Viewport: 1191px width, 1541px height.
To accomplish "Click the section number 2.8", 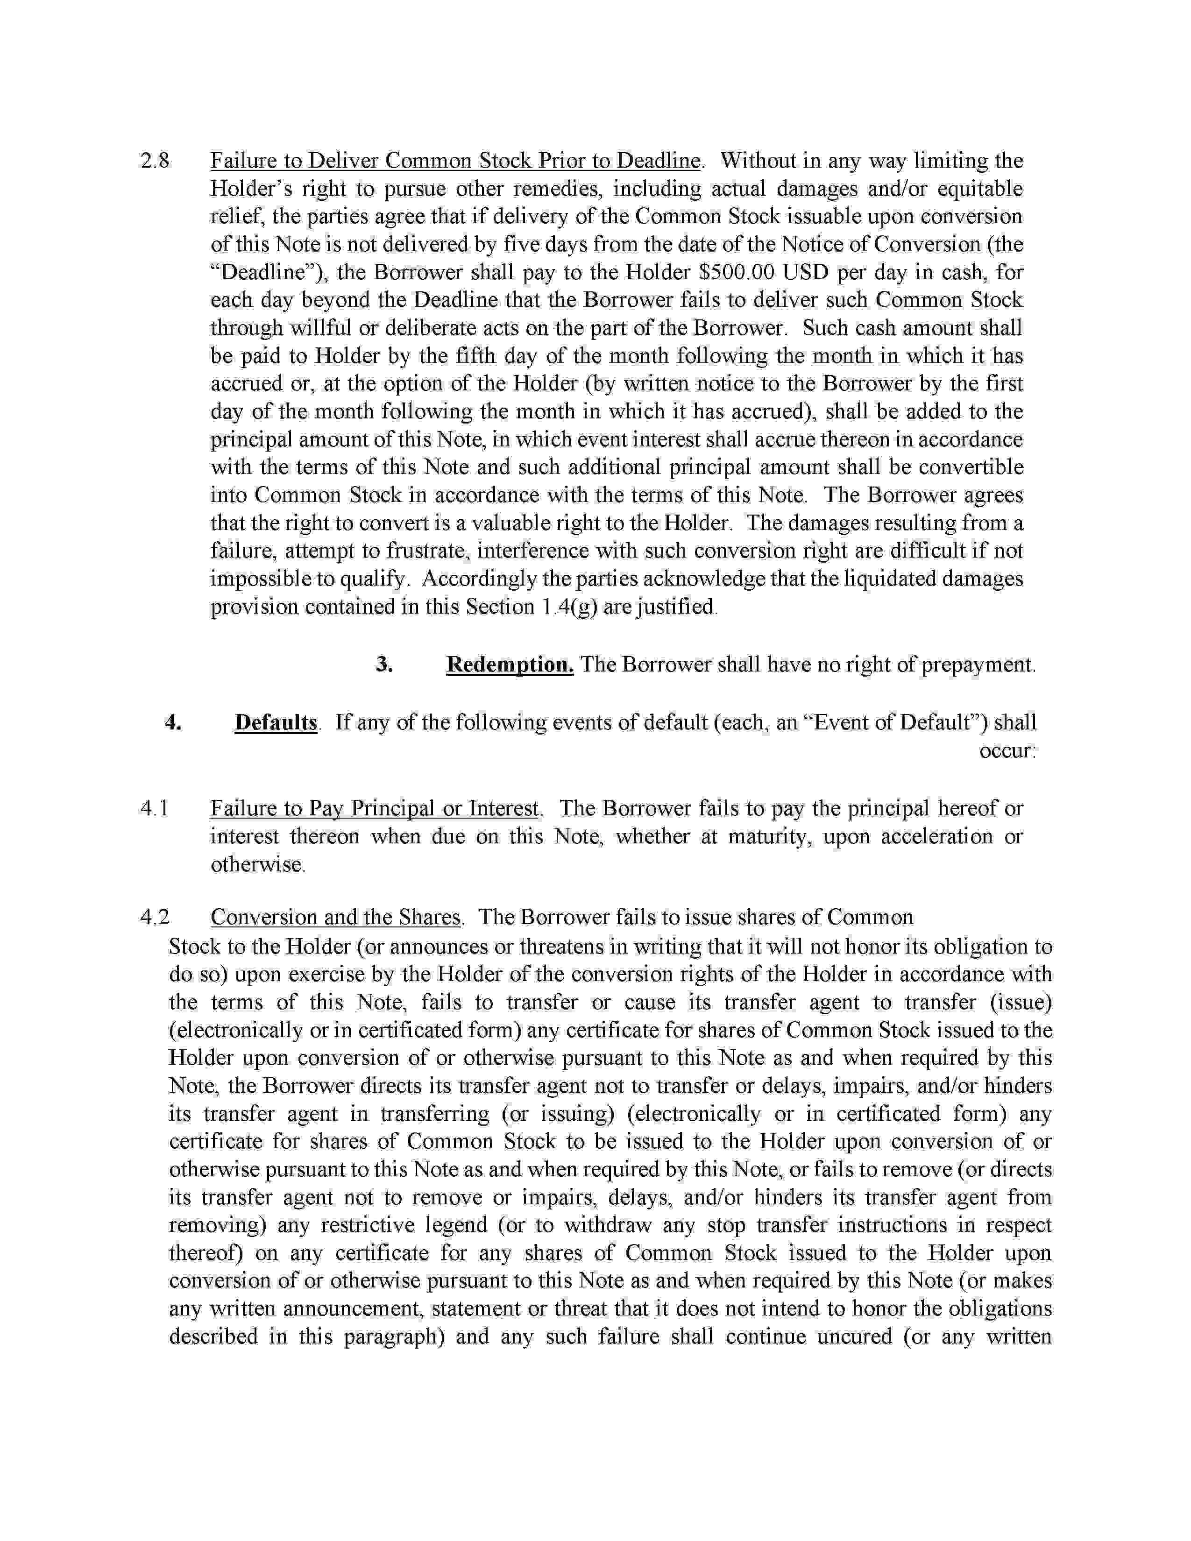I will (x=155, y=161).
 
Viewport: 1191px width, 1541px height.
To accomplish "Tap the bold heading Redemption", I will (x=510, y=664).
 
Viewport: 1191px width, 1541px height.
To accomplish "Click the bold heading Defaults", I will (x=276, y=722).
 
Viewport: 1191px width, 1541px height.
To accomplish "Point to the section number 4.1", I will (x=155, y=809).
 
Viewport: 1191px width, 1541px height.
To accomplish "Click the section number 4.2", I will (x=155, y=917).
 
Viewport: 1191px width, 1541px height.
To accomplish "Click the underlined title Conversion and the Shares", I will (x=336, y=917).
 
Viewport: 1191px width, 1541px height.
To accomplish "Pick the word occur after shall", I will (x=1007, y=751).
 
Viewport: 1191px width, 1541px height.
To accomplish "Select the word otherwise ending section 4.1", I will (x=257, y=864).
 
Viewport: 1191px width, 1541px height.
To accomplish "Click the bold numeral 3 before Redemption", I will (x=384, y=664).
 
